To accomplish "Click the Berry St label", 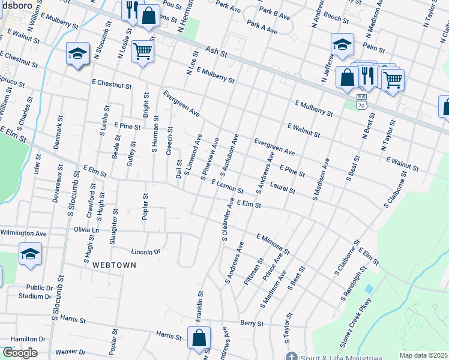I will (x=252, y=323).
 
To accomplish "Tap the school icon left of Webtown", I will (x=30, y=254).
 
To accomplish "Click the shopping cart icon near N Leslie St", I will (x=143, y=52).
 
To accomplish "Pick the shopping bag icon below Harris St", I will (x=199, y=337).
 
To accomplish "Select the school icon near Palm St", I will (x=342, y=44).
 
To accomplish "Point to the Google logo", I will (x=20, y=353).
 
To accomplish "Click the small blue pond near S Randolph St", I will (x=368, y=289).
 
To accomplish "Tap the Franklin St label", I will (x=200, y=305).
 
